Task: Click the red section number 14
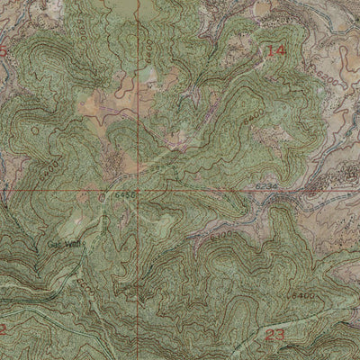pos(276,52)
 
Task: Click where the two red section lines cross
pos(139,191)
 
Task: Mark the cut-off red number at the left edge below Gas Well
pos(4,330)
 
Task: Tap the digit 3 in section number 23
pos(283,335)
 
